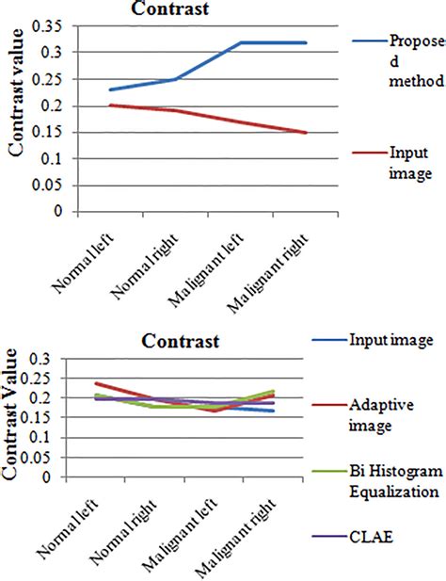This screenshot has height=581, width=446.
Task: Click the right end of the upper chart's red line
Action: click(x=306, y=133)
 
